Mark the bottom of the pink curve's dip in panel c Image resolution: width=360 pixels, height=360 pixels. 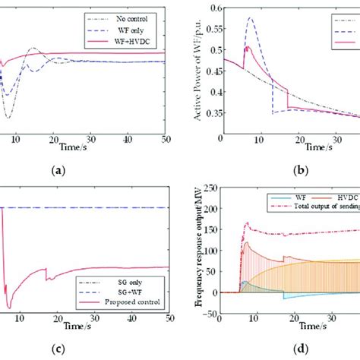coord(9,308)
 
